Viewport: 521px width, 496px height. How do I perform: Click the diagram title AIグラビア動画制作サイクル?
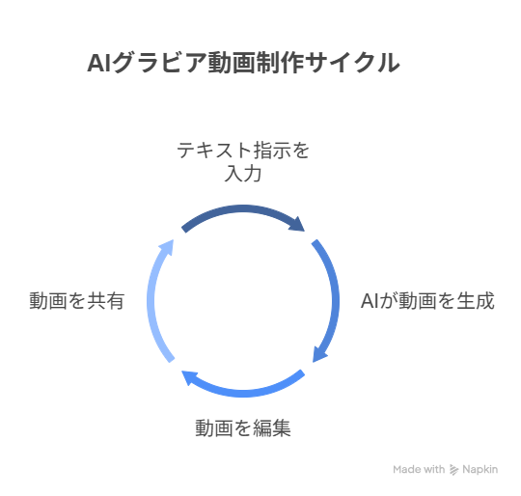243,63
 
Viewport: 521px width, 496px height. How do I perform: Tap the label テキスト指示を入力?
243,162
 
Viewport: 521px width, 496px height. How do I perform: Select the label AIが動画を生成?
427,301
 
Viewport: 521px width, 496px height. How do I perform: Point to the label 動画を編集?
243,427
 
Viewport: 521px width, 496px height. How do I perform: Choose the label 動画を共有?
77,301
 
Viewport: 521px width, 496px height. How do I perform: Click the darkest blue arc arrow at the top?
243,209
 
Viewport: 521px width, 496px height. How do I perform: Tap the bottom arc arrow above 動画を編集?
243,393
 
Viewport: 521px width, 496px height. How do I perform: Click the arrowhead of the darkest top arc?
298,225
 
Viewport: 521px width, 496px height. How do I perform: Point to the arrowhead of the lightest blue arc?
168,246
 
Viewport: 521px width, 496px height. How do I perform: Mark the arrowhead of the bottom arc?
189,377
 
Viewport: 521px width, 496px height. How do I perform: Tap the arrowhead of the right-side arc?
319,355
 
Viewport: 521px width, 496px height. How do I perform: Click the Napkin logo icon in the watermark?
453,469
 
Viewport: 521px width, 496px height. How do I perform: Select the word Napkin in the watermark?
480,469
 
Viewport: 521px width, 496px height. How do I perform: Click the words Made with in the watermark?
419,469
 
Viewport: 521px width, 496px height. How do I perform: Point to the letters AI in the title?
98,63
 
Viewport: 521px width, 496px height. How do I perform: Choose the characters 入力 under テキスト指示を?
243,174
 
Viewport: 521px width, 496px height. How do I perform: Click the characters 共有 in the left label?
106,301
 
